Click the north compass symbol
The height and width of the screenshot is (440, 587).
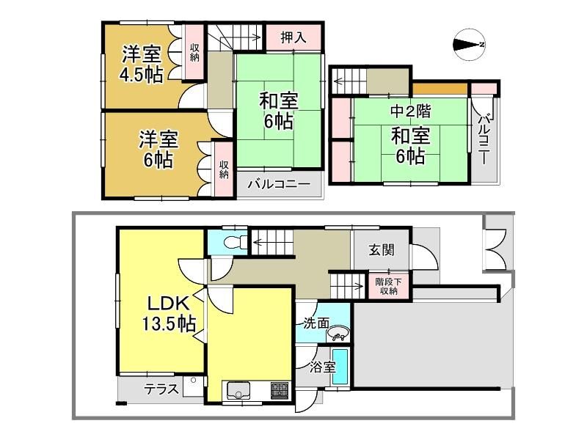(470, 45)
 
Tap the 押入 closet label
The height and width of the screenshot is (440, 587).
(293, 37)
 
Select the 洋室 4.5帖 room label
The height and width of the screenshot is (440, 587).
(141, 64)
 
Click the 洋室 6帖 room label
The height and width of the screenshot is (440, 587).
(158, 150)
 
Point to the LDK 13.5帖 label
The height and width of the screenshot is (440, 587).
(169, 314)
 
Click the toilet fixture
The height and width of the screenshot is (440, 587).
(235, 242)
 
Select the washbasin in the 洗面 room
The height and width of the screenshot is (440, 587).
(338, 333)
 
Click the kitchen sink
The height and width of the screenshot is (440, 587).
(238, 391)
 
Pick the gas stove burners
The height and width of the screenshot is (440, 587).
(280, 390)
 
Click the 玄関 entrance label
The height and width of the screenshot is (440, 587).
(382, 249)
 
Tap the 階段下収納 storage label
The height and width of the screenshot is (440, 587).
(389, 286)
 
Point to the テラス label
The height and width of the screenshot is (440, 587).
(161, 389)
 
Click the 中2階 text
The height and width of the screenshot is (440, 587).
(411, 111)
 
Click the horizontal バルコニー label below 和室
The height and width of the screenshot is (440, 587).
(279, 184)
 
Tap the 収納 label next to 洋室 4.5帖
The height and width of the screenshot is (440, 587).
(194, 52)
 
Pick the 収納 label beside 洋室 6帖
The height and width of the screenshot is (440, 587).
(225, 169)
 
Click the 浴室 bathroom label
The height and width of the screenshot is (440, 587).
(322, 367)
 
